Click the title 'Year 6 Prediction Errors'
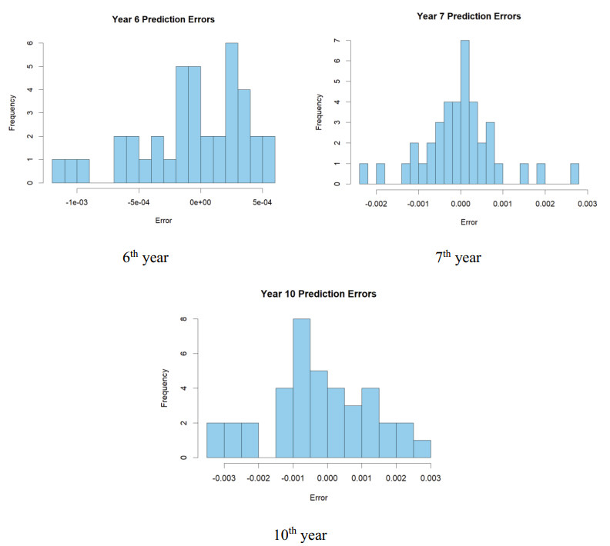pos(163,18)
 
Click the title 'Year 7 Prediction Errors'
pos(468,16)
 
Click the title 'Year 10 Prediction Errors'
pos(318,294)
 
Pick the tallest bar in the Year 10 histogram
pos(301,388)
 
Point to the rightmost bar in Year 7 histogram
pos(575,174)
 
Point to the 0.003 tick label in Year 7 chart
pos(588,204)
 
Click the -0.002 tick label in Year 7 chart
pos(375,204)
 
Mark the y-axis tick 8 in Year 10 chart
pos(183,319)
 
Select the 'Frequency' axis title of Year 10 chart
pos(164,388)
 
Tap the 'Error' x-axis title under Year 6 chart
pos(163,221)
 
